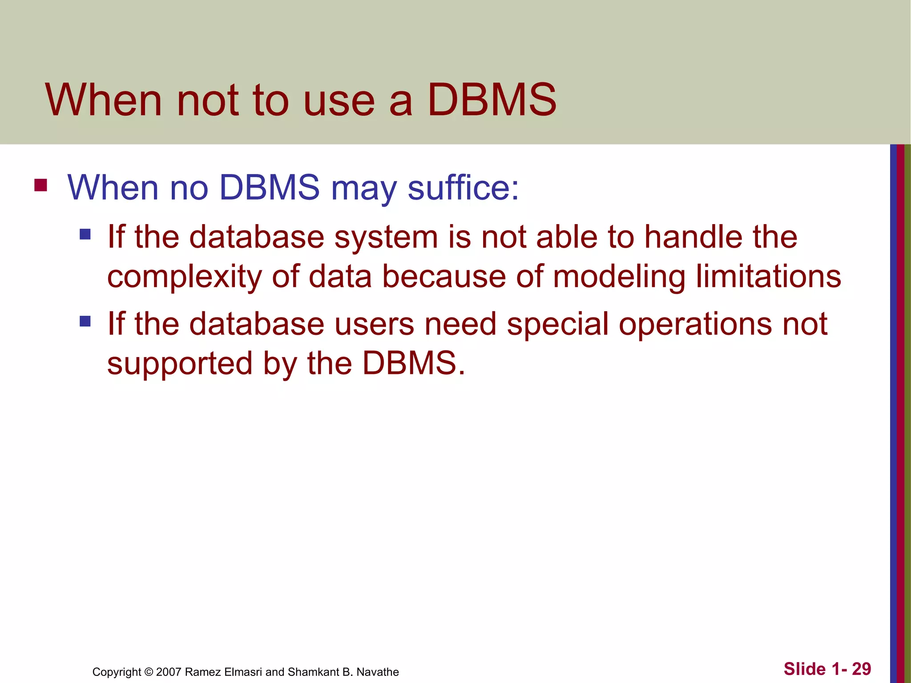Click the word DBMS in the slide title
(x=492, y=100)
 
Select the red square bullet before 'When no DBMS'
(x=40, y=185)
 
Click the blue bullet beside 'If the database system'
(x=85, y=234)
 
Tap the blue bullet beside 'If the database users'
(x=85, y=321)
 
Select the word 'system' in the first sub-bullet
(x=386, y=237)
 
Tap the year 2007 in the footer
(x=169, y=672)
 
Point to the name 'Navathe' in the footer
(x=378, y=672)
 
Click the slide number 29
(x=861, y=669)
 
